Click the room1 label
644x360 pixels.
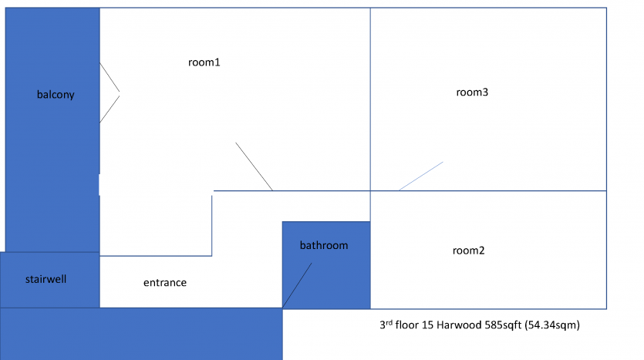pos(204,62)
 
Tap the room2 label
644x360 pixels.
pos(469,251)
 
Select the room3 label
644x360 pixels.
pos(472,93)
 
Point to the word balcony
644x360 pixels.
pos(56,95)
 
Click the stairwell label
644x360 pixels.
pos(46,279)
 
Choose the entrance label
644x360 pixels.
pos(165,282)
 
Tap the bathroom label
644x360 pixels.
pos(324,245)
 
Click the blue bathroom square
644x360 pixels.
pos(326,265)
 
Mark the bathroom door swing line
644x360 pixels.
pos(297,285)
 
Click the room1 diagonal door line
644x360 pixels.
pos(254,167)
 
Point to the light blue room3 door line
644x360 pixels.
pos(421,176)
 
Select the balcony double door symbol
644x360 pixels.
pos(110,93)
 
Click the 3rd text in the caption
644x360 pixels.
pos(386,325)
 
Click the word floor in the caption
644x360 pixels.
pos(407,325)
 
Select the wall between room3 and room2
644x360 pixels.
pos(488,191)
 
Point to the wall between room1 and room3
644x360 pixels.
pos(370,99)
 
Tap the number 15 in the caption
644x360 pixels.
pos(427,325)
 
